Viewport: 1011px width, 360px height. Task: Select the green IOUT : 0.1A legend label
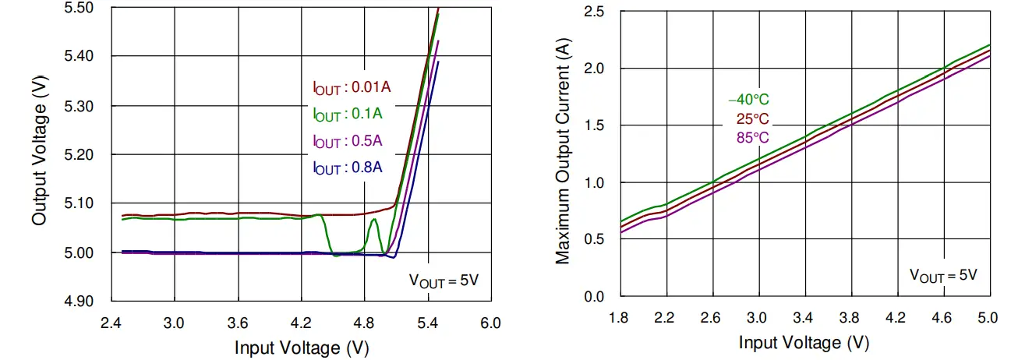click(347, 115)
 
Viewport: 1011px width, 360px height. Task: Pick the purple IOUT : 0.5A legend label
click(347, 142)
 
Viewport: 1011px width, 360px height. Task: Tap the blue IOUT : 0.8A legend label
click(347, 168)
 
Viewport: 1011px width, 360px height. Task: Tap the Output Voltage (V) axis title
click(39, 154)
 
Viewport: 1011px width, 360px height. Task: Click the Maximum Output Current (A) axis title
click(562, 154)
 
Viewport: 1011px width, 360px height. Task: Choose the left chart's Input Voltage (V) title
click(302, 348)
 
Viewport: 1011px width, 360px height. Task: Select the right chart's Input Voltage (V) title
click(804, 343)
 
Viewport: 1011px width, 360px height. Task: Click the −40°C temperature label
click(748, 100)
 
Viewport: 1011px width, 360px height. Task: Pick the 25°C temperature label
click(752, 119)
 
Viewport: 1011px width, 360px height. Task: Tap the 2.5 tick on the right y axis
click(596, 12)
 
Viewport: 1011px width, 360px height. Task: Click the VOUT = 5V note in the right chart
click(943, 274)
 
